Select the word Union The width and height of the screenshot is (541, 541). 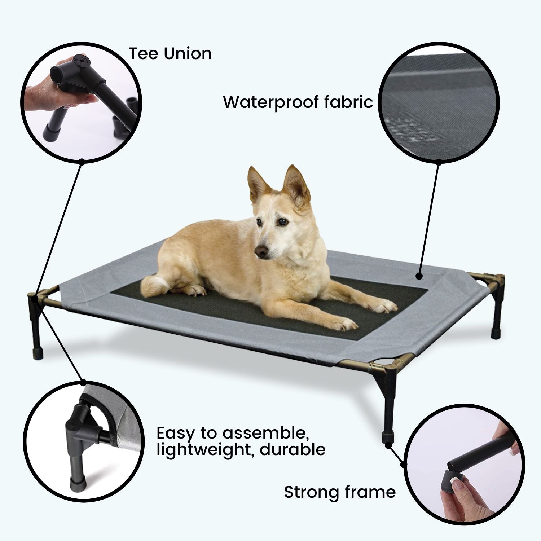(x=188, y=53)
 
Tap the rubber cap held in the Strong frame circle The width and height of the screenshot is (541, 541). (x=455, y=476)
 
